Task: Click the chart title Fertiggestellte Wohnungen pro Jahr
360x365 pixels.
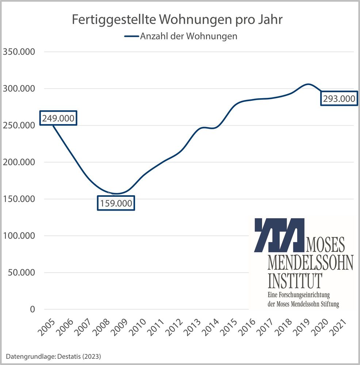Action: coord(177,20)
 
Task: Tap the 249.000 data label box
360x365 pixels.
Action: coord(58,118)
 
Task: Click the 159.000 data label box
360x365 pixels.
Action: coord(116,203)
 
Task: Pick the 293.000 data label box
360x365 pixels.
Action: coord(339,99)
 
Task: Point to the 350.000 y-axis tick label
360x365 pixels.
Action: coord(19,52)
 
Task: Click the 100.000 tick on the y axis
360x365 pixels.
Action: coord(19,236)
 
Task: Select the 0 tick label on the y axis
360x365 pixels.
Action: coord(32,310)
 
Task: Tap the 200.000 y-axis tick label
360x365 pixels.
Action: coord(19,162)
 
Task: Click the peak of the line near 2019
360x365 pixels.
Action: coord(308,84)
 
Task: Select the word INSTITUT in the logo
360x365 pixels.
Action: coord(295,280)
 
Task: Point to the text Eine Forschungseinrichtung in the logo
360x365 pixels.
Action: coord(299,295)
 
